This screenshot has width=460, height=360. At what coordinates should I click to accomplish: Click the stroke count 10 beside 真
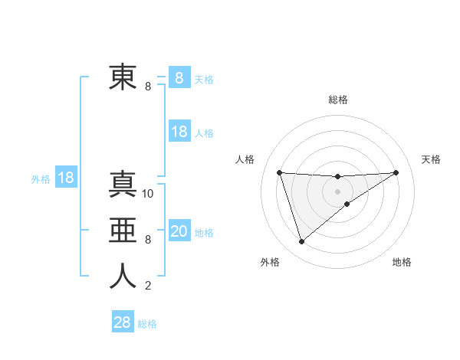(148, 193)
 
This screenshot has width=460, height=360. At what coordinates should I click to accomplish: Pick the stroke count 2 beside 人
(147, 286)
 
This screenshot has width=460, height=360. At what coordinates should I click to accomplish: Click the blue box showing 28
(123, 322)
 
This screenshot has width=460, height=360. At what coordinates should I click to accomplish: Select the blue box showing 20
(179, 231)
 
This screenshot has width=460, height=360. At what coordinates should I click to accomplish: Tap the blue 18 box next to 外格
(66, 178)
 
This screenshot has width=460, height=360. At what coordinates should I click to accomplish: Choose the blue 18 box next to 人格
(179, 132)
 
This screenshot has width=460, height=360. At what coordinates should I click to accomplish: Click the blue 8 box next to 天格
(179, 77)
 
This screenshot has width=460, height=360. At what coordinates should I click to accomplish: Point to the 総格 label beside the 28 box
(147, 324)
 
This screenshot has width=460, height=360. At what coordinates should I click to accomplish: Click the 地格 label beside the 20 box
(205, 233)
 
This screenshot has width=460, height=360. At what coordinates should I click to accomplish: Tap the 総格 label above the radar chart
(337, 100)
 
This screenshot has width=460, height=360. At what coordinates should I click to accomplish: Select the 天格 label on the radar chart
(432, 159)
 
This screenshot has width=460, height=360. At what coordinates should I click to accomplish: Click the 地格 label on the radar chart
(402, 263)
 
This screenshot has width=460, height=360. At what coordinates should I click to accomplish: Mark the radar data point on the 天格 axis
(396, 172)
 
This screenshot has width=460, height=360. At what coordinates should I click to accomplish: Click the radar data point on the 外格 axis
(301, 242)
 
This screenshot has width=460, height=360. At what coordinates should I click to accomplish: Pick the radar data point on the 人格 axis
(279, 172)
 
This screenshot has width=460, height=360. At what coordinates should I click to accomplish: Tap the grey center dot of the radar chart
(337, 191)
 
